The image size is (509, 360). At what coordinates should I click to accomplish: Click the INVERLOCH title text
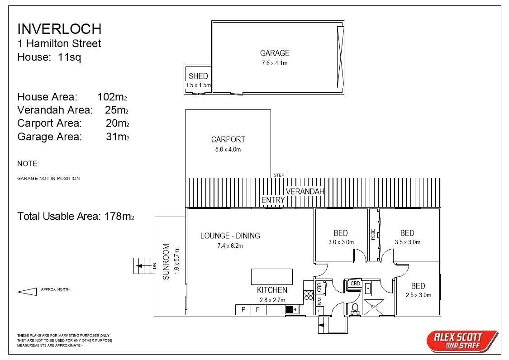click(59, 29)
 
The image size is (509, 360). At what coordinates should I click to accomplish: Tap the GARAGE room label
click(274, 53)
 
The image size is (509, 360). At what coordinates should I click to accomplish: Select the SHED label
click(198, 76)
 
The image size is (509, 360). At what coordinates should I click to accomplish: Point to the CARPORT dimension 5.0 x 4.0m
click(228, 150)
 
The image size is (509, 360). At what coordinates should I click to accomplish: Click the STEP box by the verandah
click(279, 175)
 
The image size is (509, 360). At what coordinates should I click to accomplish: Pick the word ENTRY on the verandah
click(273, 200)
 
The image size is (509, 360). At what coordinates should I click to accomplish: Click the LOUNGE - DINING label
click(230, 236)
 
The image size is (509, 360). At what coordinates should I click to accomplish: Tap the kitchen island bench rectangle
click(272, 276)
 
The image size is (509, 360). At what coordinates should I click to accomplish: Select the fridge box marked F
click(258, 310)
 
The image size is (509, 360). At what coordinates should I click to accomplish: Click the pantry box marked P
click(243, 310)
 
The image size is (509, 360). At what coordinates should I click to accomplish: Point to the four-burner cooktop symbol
click(309, 296)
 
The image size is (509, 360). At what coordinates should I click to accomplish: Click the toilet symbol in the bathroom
click(355, 308)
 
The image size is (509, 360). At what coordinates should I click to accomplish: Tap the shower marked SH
click(374, 307)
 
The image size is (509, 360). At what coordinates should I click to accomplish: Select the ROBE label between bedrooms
click(373, 234)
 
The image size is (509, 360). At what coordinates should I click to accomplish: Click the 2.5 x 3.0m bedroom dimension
click(418, 295)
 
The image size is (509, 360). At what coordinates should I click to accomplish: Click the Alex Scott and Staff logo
click(461, 341)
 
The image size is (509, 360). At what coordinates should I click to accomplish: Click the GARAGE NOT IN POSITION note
click(48, 179)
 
